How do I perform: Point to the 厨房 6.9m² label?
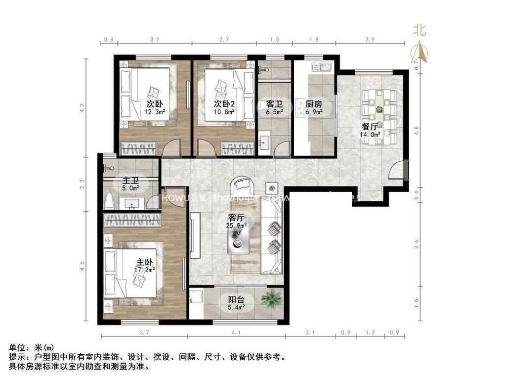(314, 108)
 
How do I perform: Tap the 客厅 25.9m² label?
(237, 221)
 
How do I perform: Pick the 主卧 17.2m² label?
(145, 266)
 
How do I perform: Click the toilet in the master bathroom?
(110, 201)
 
